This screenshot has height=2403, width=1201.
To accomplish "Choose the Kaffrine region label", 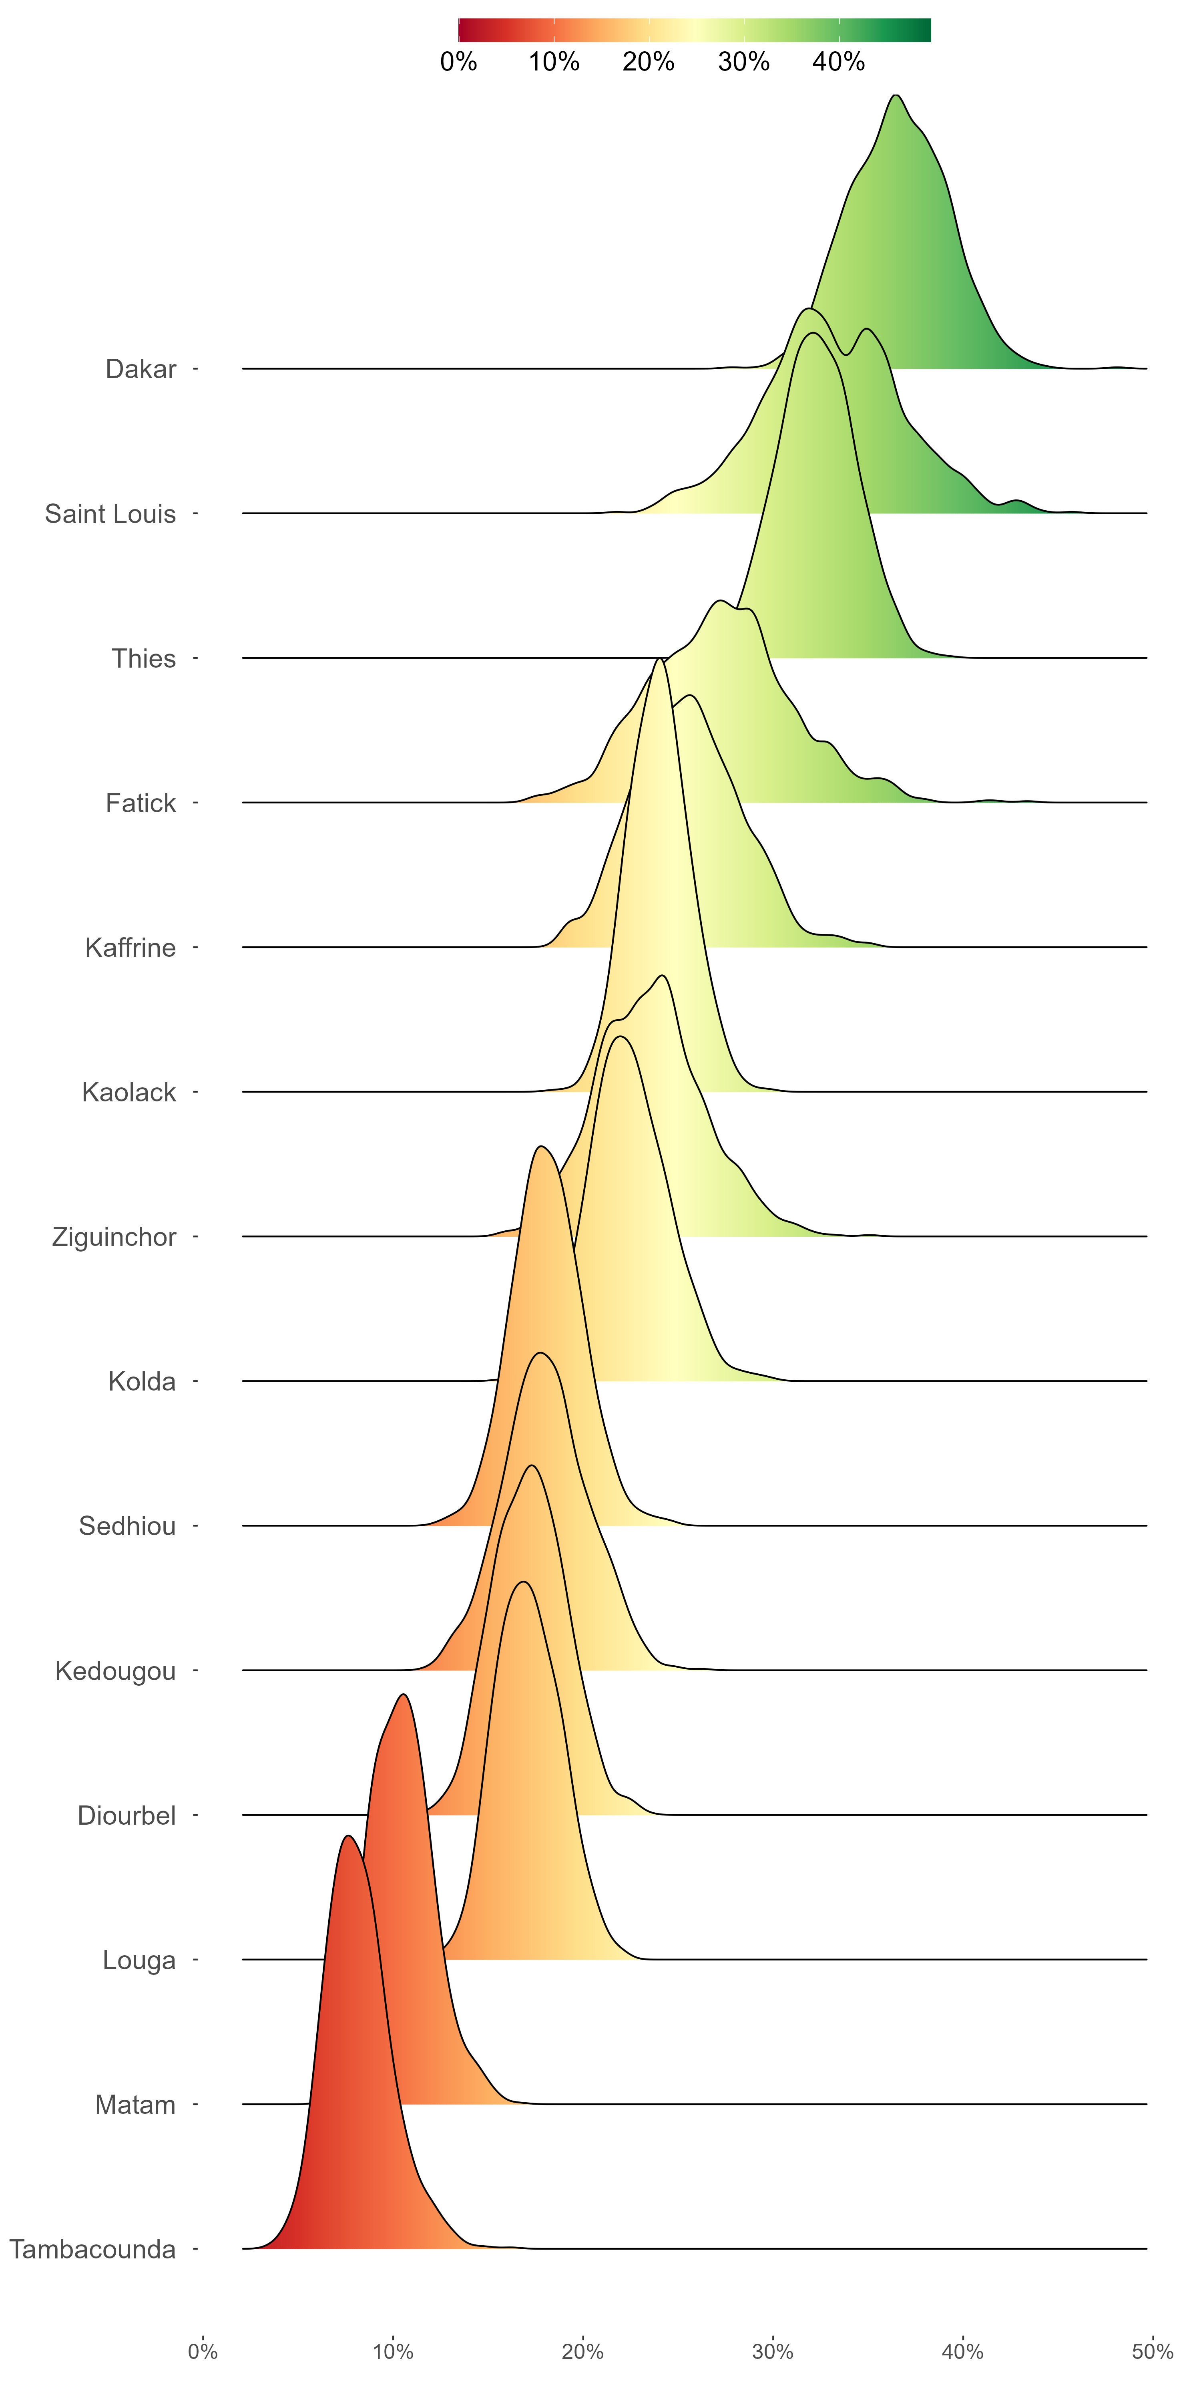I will (131, 948).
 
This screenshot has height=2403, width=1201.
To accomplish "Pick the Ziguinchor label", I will (114, 1237).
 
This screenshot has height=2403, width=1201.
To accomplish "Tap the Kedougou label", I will (116, 1671).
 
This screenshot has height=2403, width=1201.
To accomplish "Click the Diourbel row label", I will (127, 1815).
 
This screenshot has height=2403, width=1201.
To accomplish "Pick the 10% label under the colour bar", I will (554, 62).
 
